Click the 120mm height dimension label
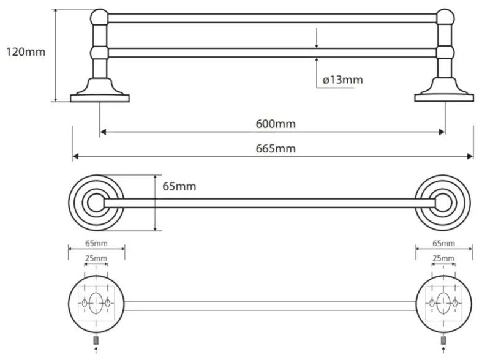pos(26,51)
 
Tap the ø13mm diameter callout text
pos(343,80)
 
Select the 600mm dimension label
pos(276,124)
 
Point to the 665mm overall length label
pos(276,149)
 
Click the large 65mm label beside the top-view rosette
pos(179,186)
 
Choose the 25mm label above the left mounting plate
pos(96,258)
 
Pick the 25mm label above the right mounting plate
pos(443,258)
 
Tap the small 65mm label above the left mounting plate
pos(96,243)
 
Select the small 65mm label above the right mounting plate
pos(443,243)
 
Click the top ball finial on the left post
pos(99,17)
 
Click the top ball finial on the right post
pos(445,17)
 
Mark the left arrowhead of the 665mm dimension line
pos(75,156)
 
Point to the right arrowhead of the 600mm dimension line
pos(442,132)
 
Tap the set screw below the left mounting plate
pos(96,340)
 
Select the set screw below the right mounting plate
pos(443,340)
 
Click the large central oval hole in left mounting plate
pos(96,303)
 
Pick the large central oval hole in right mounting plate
pos(443,303)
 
